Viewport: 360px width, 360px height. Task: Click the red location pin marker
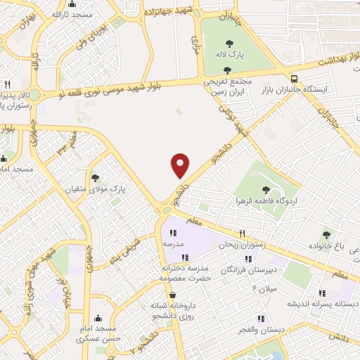(x=181, y=165)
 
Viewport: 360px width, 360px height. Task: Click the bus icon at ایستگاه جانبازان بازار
(x=294, y=79)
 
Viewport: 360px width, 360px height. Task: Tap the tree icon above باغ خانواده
(x=326, y=235)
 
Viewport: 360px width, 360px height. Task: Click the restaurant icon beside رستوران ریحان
(x=242, y=233)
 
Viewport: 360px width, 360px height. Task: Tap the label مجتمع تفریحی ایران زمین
(x=227, y=86)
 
